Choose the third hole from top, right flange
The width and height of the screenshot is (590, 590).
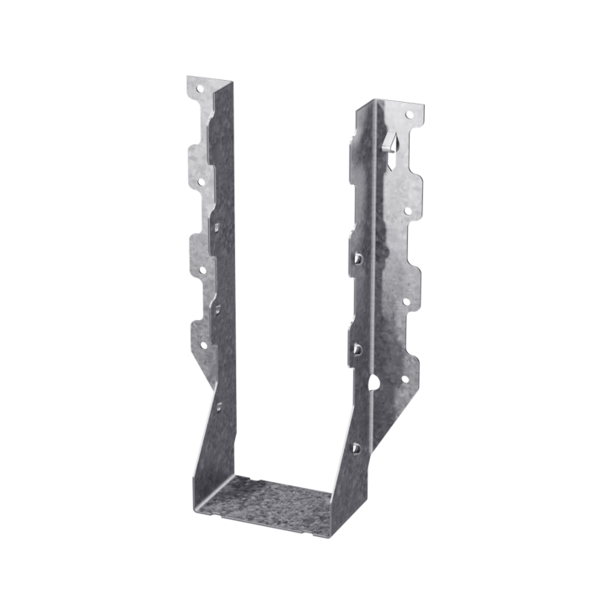(405, 300)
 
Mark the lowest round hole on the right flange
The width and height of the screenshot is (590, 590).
(403, 378)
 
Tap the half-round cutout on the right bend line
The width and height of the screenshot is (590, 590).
(373, 383)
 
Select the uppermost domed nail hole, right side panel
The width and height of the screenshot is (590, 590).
(357, 258)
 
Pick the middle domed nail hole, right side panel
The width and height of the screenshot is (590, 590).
(357, 347)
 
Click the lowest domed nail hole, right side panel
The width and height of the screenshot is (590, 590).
(356, 448)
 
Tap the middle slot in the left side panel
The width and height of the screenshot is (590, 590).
(217, 310)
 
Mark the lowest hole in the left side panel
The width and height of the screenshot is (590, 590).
(218, 406)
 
